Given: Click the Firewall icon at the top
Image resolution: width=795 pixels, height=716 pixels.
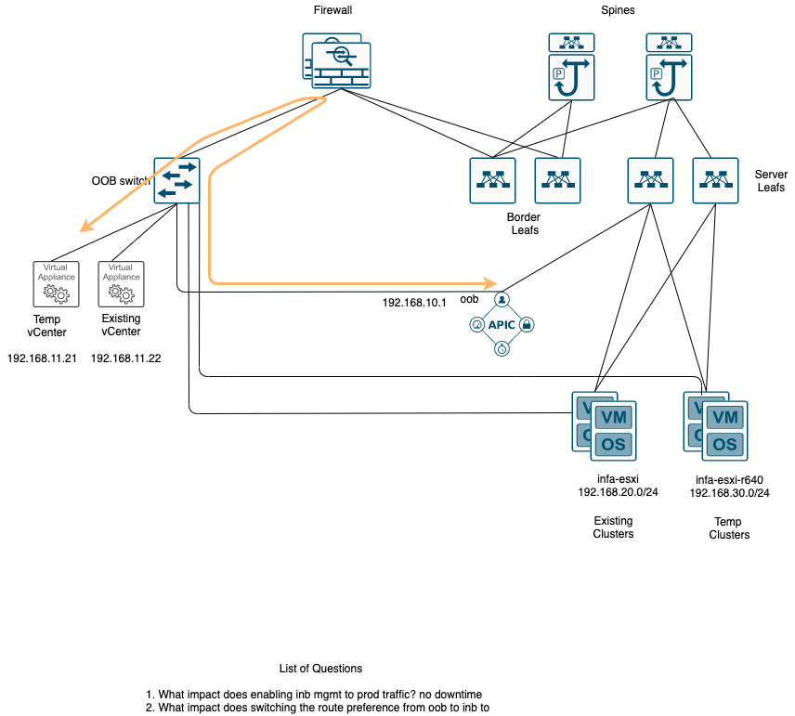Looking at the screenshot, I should [x=336, y=61].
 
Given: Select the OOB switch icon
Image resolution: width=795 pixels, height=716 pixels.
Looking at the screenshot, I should [x=176, y=179].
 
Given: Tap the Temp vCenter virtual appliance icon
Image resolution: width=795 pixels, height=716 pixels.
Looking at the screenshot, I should [x=55, y=283].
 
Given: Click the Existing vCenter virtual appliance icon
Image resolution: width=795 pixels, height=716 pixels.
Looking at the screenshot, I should [x=121, y=283].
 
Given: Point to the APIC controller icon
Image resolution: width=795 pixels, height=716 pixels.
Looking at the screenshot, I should [x=502, y=325].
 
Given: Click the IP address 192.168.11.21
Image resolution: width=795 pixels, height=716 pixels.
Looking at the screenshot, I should [x=42, y=358].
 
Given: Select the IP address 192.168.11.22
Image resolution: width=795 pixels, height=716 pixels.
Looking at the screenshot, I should [x=126, y=358].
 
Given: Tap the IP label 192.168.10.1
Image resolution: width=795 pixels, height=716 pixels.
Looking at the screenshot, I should [x=414, y=303].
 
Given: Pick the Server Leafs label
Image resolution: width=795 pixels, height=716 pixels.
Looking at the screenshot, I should [x=770, y=181].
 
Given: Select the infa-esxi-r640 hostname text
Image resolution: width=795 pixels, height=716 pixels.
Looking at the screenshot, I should [x=729, y=480].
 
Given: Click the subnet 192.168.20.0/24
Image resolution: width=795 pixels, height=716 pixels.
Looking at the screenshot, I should [x=618, y=492].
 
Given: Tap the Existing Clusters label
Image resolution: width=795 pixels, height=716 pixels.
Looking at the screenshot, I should [x=613, y=527].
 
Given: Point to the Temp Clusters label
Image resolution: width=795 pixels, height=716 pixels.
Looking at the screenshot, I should [x=729, y=528].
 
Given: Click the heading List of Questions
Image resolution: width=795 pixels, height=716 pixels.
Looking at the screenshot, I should [x=320, y=669].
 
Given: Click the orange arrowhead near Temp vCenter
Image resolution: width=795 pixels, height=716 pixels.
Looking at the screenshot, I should [x=85, y=227].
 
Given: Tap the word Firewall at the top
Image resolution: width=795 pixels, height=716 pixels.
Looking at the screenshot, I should [x=333, y=9].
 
